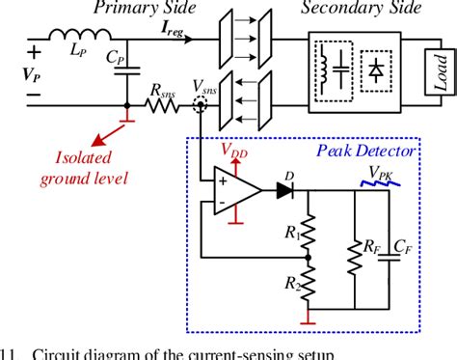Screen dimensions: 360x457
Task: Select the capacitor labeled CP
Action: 127,71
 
